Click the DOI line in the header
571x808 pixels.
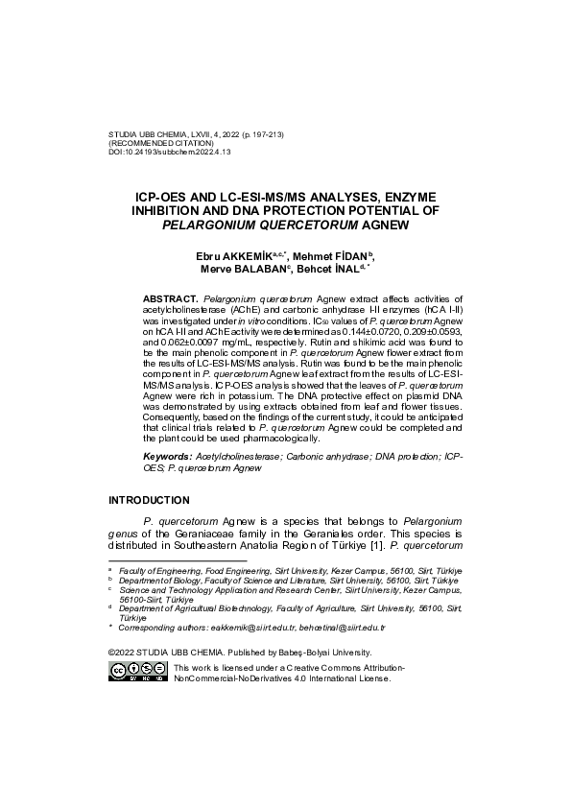click(171, 152)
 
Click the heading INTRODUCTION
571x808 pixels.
click(149, 500)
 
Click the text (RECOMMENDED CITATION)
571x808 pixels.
click(160, 143)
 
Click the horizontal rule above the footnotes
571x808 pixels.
click(178, 559)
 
